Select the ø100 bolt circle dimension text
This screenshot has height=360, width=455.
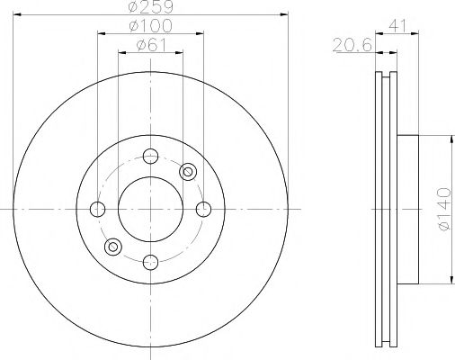coord(150,26)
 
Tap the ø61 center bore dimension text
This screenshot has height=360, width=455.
coord(150,45)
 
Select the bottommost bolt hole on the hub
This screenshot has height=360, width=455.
coord(151,263)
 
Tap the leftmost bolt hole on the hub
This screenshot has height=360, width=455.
coord(97,210)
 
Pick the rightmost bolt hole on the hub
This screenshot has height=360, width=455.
coord(204,210)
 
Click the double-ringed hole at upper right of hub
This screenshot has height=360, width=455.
coord(189,171)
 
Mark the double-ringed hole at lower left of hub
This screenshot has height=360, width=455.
coord(113,247)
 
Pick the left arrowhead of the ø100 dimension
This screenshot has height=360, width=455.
coord(100,33)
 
